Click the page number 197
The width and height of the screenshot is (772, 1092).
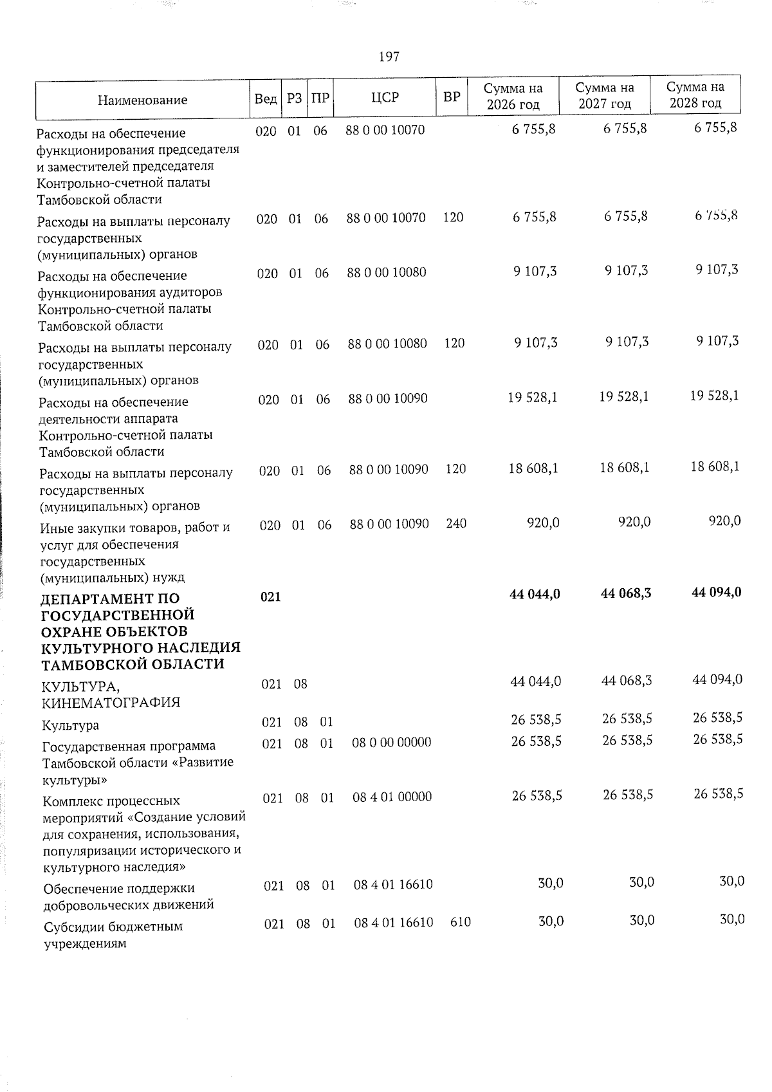point(389,57)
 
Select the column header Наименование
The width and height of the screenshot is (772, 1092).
point(143,100)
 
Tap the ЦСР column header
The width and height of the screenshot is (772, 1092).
point(385,97)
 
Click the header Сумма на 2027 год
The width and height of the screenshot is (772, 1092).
point(604,96)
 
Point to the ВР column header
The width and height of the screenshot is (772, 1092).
point(452,97)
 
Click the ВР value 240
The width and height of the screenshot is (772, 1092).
point(456,524)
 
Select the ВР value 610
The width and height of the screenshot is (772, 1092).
point(460,922)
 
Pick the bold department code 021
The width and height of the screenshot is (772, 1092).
point(270,597)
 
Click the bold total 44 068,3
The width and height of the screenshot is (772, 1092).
point(625,593)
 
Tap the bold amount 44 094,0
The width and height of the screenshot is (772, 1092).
point(717,591)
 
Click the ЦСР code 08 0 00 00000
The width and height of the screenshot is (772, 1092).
point(392,742)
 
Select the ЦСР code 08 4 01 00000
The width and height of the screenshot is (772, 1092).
point(392,797)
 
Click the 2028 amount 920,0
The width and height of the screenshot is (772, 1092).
point(724,521)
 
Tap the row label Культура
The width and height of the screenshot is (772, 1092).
point(70,726)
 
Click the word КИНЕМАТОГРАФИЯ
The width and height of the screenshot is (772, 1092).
point(111,703)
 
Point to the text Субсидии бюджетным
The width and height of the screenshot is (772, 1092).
point(113,927)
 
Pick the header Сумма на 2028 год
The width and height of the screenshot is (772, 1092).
point(695,95)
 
